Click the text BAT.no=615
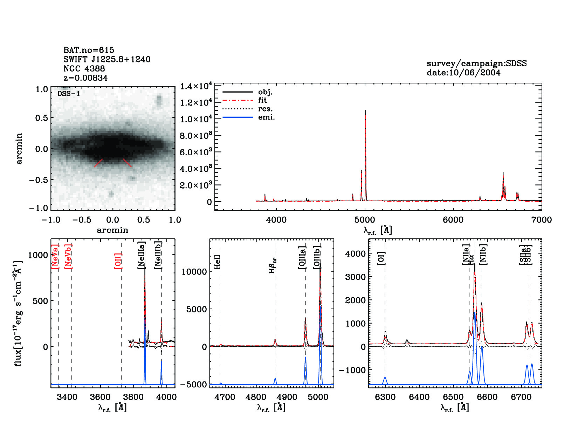[x=89, y=50]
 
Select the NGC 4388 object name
[x=84, y=69]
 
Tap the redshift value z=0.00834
[x=85, y=78]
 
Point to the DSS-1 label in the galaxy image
[x=69, y=94]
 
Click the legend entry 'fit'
[x=262, y=101]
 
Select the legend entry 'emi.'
[x=266, y=117]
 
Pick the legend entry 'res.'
[x=265, y=109]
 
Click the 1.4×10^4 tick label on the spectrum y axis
[x=196, y=86]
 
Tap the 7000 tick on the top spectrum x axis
[x=541, y=220]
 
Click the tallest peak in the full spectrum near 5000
[x=365, y=111]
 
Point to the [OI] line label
[x=381, y=258]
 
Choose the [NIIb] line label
[x=483, y=254]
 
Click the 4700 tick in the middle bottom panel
[x=225, y=397]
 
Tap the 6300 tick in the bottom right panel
[x=385, y=397]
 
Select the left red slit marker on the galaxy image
[x=98, y=163]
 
